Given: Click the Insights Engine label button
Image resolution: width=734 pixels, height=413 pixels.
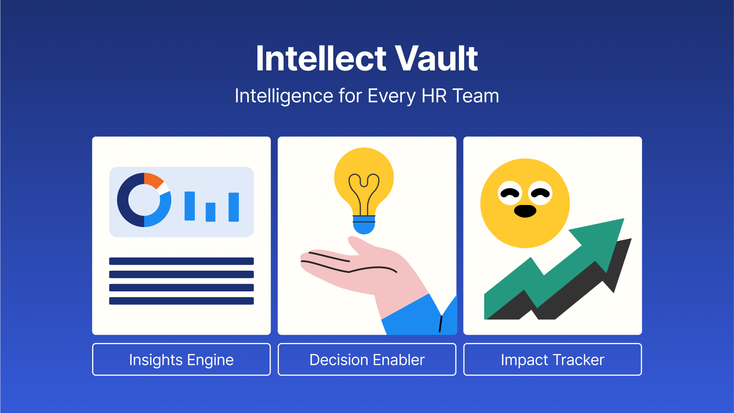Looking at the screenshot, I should pyautogui.click(x=181, y=359).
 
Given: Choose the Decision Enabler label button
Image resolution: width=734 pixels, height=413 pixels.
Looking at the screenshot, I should pyautogui.click(x=367, y=359).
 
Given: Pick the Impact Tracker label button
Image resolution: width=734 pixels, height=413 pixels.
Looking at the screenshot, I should pyautogui.click(x=553, y=359).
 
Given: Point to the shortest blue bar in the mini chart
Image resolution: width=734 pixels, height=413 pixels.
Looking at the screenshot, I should pyautogui.click(x=211, y=212).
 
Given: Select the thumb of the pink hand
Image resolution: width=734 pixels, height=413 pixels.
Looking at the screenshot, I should pyautogui.click(x=357, y=245).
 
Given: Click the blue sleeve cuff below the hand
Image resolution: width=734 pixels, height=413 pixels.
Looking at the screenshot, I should pyautogui.click(x=420, y=317).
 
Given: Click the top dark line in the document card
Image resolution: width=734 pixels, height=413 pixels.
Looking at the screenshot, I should pyautogui.click(x=181, y=261).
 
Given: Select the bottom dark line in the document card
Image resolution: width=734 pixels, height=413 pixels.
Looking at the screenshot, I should pyautogui.click(x=181, y=301).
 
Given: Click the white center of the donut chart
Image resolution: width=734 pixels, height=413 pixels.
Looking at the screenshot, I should pyautogui.click(x=144, y=200).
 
